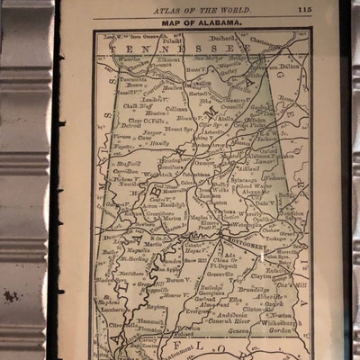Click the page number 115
tap(329, 10)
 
